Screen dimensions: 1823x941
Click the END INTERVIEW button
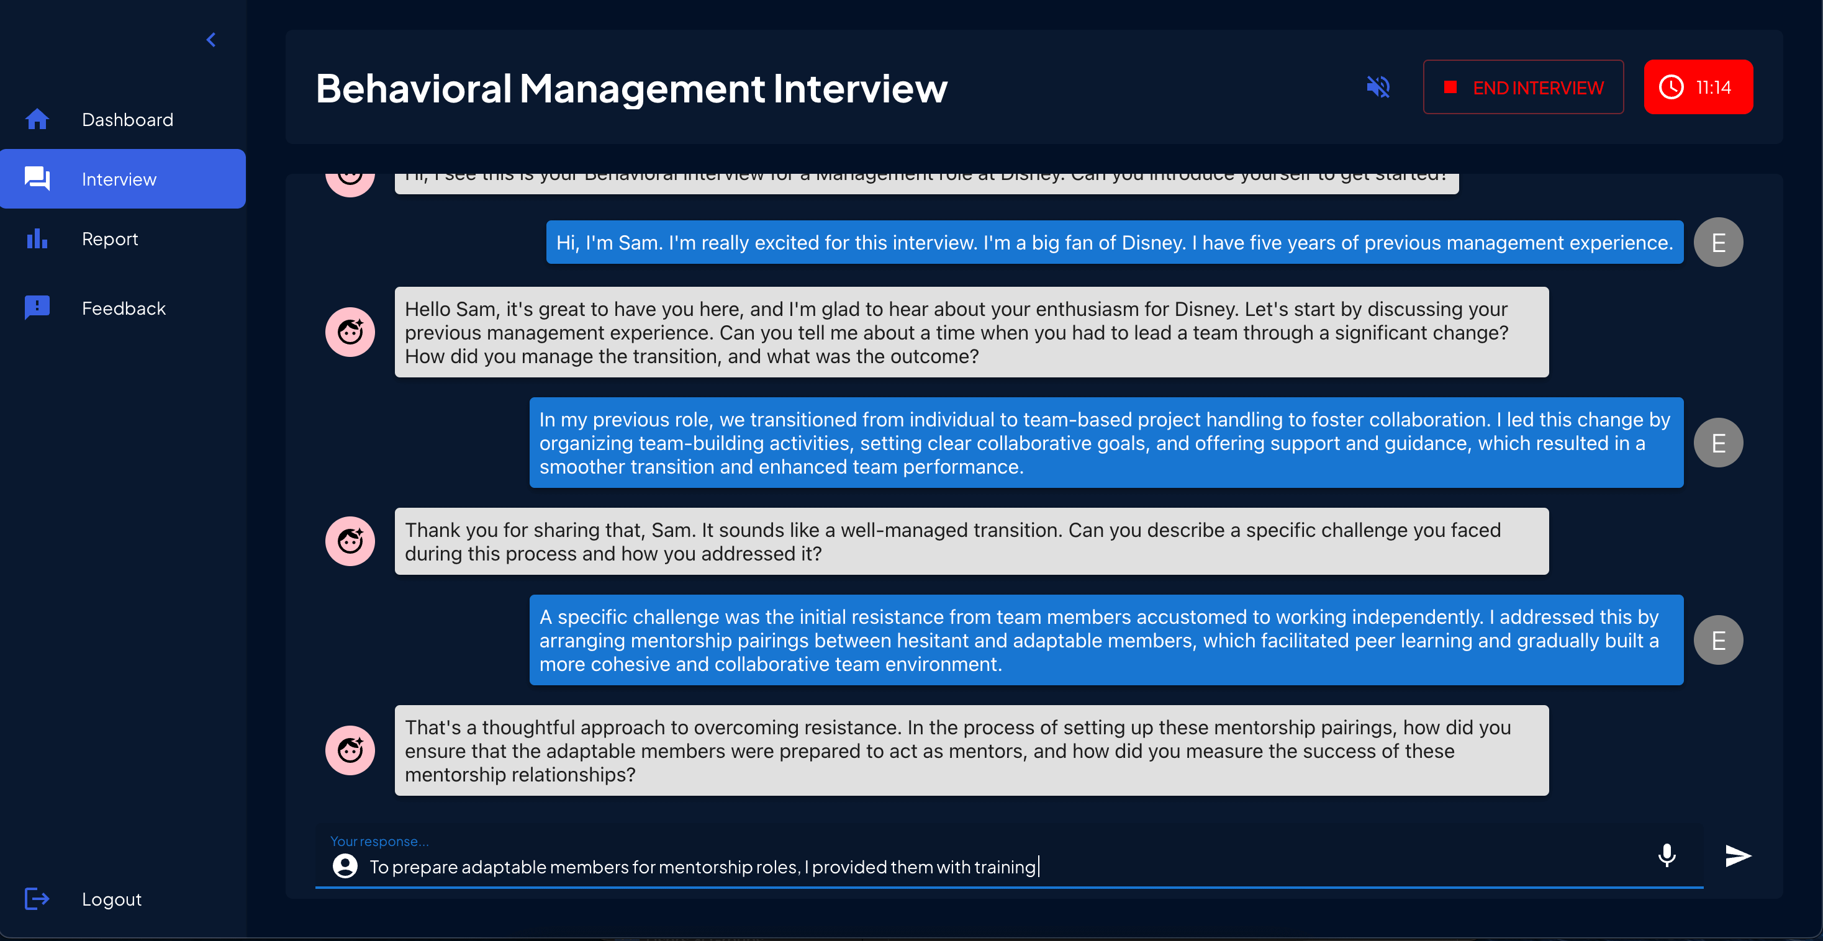[1523, 87]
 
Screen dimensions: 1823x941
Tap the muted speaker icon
[1378, 87]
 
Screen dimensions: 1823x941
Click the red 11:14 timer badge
[1698, 87]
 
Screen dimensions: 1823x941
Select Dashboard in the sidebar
[127, 120]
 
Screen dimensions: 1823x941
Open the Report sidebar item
[110, 239]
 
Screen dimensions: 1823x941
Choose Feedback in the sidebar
[123, 308]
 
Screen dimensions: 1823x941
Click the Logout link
[111, 899]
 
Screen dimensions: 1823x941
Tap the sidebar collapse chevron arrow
[211, 40]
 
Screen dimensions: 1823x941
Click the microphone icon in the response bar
[1667, 855]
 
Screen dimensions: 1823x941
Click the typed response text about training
[702, 867]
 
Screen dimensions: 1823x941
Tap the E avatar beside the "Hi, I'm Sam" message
[1717, 243]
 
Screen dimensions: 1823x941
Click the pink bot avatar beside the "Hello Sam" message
[350, 332]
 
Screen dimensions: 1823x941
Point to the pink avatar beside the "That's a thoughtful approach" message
[350, 750]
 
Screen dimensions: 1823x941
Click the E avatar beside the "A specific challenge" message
[1717, 641]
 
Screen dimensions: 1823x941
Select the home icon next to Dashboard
[37, 120]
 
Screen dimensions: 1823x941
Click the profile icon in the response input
[345, 866]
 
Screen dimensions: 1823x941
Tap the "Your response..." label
[379, 841]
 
